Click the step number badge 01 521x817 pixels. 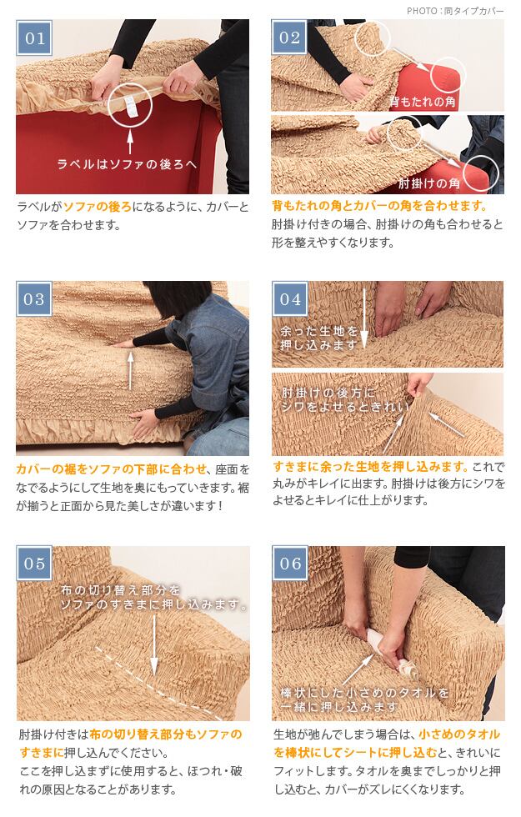click(34, 38)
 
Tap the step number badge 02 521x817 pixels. click(290, 38)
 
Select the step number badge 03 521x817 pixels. click(34, 299)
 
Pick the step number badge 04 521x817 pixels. click(290, 299)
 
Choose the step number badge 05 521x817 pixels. click(34, 564)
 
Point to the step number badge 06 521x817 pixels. click(290, 564)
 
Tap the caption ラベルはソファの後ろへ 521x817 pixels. click(127, 164)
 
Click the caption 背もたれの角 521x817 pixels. click(422, 101)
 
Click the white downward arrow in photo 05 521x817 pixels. click(154, 644)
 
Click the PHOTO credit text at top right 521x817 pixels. click(455, 10)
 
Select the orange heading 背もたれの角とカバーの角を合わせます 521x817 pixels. click(380, 206)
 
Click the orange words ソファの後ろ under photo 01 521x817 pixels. click(98, 207)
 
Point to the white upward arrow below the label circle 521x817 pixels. click(130, 139)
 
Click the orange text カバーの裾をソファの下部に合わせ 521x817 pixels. click(112, 469)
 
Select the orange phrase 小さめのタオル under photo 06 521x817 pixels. click(459, 734)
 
